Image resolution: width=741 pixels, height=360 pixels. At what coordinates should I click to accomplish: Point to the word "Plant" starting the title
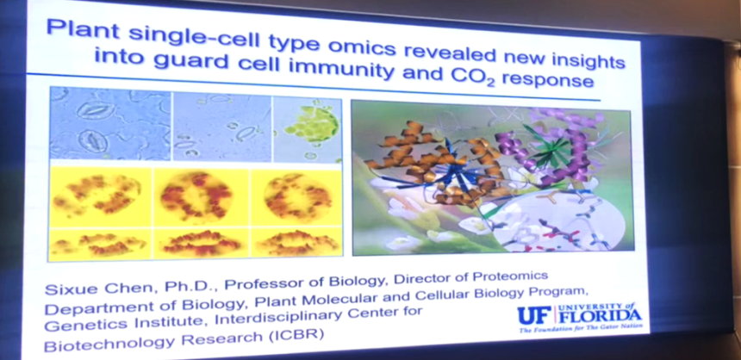point(78,30)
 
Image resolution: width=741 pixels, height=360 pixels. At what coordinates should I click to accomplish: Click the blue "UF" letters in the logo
point(534,315)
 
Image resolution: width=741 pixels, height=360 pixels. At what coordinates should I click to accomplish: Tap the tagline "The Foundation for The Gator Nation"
point(581,329)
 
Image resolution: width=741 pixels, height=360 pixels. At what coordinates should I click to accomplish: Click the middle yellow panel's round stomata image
point(196,196)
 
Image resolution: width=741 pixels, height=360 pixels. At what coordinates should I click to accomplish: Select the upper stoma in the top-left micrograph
point(96,109)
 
